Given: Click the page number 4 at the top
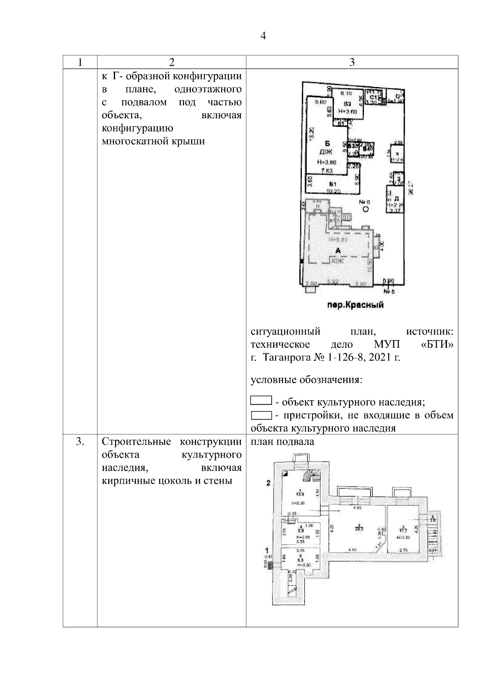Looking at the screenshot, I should pyautogui.click(x=263, y=36).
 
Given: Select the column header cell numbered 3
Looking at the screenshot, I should pyautogui.click(x=352, y=62).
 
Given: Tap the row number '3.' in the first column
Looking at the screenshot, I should pyautogui.click(x=80, y=442).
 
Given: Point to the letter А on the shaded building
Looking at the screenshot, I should pyautogui.click(x=338, y=251).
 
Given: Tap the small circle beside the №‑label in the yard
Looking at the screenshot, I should pyautogui.click(x=366, y=209).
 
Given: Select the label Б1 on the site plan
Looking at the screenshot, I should pyautogui.click(x=332, y=184).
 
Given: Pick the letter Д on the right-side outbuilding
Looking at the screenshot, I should pyautogui.click(x=396, y=199).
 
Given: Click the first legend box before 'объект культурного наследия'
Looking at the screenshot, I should pyautogui.click(x=261, y=401).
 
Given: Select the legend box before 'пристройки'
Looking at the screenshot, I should pyautogui.click(x=261, y=415).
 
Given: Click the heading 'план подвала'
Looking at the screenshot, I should pyautogui.click(x=283, y=442).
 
